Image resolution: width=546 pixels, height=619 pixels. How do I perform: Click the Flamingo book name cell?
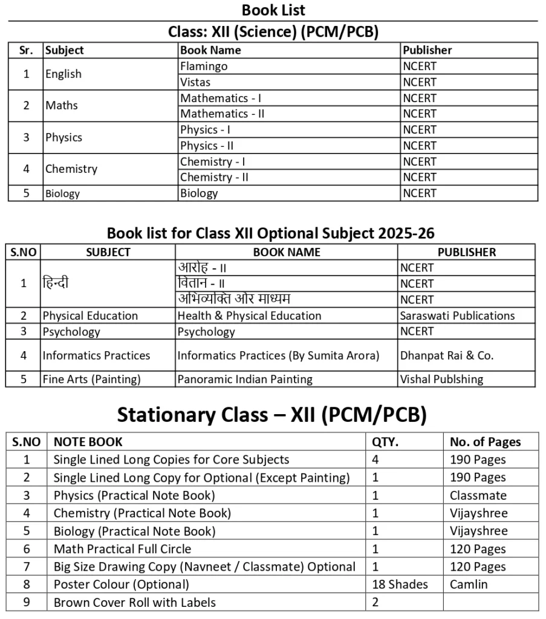click(x=204, y=66)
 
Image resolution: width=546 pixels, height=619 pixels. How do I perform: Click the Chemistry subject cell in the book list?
click(x=71, y=169)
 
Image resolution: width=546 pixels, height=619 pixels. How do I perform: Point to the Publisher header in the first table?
click(x=427, y=50)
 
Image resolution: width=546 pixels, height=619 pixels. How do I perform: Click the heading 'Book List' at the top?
click(x=273, y=10)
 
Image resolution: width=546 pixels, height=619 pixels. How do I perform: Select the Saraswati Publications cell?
click(x=457, y=316)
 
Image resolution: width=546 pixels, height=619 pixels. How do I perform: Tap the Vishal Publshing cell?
click(x=441, y=380)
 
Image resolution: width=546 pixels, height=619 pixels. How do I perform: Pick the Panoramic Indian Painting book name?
click(x=245, y=380)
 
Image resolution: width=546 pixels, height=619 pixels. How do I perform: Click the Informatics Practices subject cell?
click(x=96, y=355)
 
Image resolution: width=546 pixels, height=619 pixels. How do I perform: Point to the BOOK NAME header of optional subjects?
click(x=287, y=252)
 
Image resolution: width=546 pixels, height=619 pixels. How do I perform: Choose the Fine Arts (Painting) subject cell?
click(x=91, y=380)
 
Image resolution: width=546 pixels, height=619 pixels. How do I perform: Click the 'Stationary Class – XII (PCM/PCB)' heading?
click(x=271, y=415)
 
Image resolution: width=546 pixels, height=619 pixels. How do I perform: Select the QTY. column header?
click(x=385, y=442)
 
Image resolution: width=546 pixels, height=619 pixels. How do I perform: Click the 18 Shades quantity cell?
click(x=400, y=585)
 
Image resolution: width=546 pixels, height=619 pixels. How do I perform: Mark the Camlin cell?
click(x=468, y=585)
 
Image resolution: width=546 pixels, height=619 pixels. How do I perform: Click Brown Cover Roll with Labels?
click(x=134, y=603)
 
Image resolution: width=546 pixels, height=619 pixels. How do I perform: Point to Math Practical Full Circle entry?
click(x=122, y=549)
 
